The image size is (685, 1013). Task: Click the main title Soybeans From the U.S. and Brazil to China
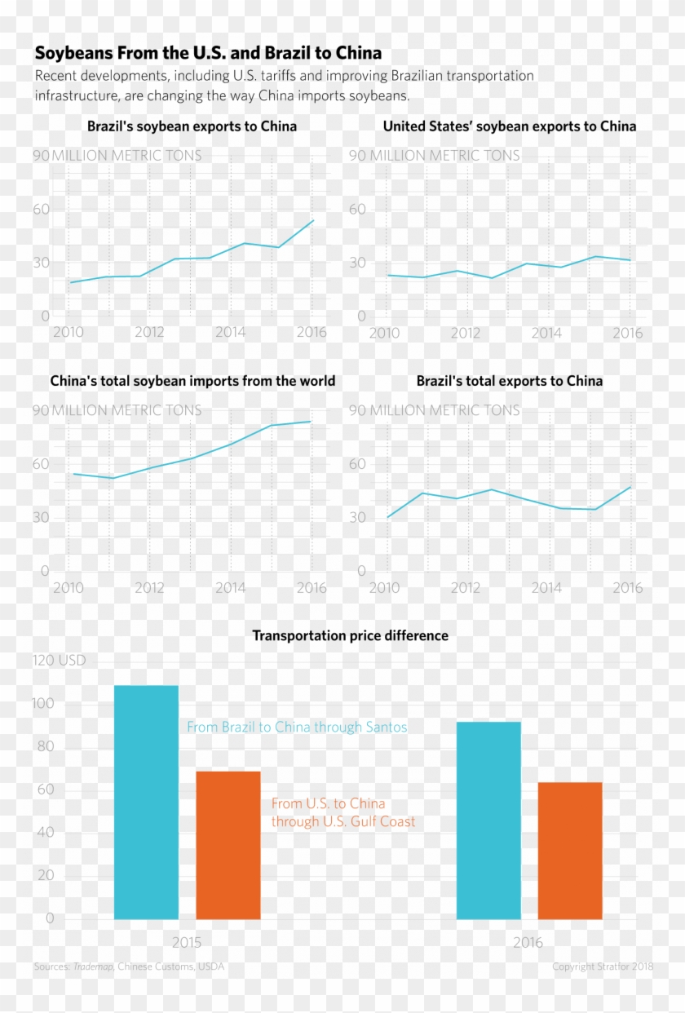pyautogui.click(x=208, y=54)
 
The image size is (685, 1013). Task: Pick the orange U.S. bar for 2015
pyautogui.click(x=228, y=845)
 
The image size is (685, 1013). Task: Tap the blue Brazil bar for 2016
pyautogui.click(x=488, y=820)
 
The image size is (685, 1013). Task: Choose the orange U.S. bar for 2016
pyautogui.click(x=570, y=851)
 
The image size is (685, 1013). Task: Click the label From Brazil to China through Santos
pyautogui.click(x=297, y=727)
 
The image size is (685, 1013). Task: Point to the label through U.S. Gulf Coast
pyautogui.click(x=343, y=822)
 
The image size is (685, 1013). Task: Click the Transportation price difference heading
pyautogui.click(x=350, y=635)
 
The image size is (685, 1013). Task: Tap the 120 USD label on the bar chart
pyautogui.click(x=59, y=661)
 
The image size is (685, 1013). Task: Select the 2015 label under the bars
pyautogui.click(x=187, y=942)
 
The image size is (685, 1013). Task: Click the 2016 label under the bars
pyautogui.click(x=528, y=942)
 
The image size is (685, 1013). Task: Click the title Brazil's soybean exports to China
pyautogui.click(x=192, y=126)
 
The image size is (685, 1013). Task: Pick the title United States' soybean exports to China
pyautogui.click(x=510, y=126)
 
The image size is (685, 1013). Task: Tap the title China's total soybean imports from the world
pyautogui.click(x=192, y=381)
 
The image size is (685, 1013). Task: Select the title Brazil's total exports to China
pyautogui.click(x=510, y=381)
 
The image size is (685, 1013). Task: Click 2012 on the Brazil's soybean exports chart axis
pyautogui.click(x=149, y=333)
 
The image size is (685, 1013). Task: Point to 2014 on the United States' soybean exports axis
pyautogui.click(x=546, y=333)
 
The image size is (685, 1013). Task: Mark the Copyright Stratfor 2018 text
pyautogui.click(x=603, y=967)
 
